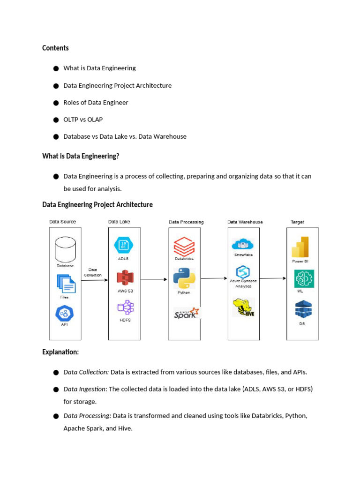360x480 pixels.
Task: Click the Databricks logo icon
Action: coord(184,246)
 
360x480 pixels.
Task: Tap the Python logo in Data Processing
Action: coord(184,278)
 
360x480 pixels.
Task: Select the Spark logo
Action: coord(186,313)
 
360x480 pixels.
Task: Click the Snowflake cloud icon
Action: coord(243,245)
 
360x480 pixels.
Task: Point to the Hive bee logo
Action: coord(243,307)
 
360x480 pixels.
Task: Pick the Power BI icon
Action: coord(300,247)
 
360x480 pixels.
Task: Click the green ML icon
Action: coord(303,279)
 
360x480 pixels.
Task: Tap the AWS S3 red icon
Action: coord(125,278)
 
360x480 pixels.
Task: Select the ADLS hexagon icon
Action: coord(124,246)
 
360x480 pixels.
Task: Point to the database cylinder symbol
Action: coord(65,250)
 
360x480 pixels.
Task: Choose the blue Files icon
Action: coord(66,283)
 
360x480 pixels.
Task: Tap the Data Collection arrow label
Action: coord(93,272)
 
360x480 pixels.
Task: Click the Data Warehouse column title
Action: coord(245,222)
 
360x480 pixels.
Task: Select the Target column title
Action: coord(297,222)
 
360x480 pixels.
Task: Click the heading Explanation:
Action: coord(60,352)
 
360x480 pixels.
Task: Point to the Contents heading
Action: coord(55,48)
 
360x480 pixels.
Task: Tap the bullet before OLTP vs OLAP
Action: coord(55,120)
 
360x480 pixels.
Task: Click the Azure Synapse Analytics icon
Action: coord(243,272)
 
